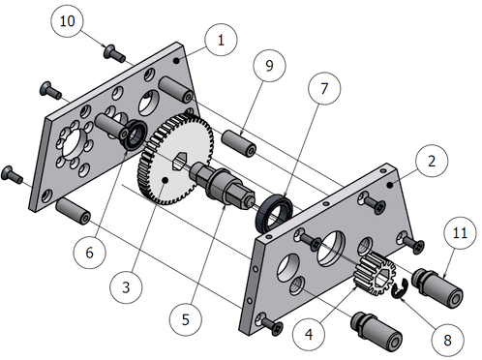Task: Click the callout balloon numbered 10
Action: pos(67,21)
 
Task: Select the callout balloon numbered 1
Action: pos(221,40)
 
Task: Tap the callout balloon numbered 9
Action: pos(269,66)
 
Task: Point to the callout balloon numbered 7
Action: pos(324,88)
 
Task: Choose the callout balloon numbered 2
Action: pos(432,161)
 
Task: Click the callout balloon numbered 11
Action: pos(460,232)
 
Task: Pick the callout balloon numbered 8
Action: pos(447,340)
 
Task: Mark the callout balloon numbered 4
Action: pos(309,335)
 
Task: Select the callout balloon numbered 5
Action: pos(186,319)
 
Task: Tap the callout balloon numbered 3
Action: pos(126,287)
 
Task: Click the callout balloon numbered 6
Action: pos(90,253)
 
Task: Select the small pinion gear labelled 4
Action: pos(375,274)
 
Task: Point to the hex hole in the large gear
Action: pos(179,161)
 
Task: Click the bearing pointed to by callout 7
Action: pos(274,212)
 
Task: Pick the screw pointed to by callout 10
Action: pos(114,53)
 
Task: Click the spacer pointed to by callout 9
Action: pos(239,143)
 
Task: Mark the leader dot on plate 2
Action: pos(390,185)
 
